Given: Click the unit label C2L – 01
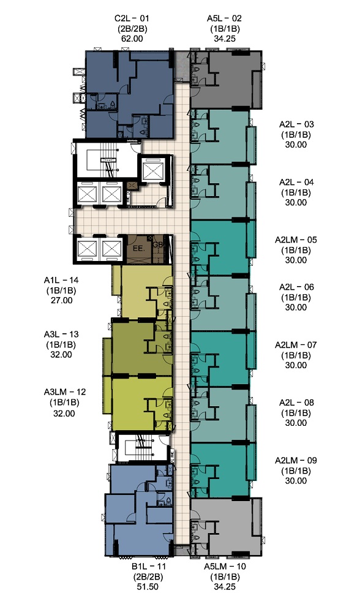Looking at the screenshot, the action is pos(132,18).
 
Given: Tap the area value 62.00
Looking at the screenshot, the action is pos(132,39).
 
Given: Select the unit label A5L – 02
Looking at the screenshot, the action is pos(225,18).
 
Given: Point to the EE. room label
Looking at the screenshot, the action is pos(138,248).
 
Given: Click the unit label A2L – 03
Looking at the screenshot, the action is pos(296,124).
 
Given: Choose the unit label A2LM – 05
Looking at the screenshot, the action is pos(296,240).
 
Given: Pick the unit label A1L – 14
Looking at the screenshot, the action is pos(61,280).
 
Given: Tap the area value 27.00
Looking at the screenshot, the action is pos(62,300).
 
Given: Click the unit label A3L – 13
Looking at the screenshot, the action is pos(61,335).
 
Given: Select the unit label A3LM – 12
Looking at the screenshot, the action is pos(65,392).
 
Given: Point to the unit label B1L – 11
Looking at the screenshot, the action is pos(149,566).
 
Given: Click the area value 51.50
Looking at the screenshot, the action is pos(148,587).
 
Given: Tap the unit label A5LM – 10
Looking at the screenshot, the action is pos(225,566).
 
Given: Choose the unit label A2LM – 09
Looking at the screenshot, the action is pos(296,460).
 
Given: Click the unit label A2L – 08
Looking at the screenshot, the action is pos(296,403).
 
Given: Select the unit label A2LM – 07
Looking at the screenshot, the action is pos(296,345).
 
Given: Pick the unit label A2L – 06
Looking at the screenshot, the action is pos(296,287).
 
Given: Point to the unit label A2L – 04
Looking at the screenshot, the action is pos(296,182).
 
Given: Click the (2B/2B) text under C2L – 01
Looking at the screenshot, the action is pos(132,29).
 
